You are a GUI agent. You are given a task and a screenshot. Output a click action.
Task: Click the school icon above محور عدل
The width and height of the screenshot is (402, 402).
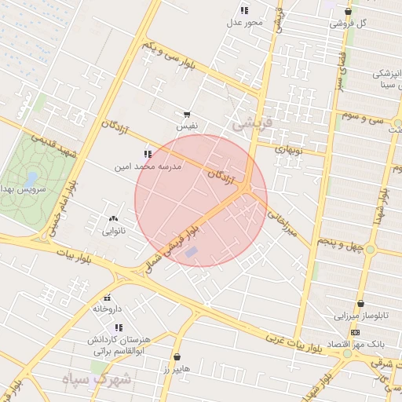click(244, 10)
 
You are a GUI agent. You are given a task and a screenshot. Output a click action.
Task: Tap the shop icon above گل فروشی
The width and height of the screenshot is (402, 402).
click(348, 11)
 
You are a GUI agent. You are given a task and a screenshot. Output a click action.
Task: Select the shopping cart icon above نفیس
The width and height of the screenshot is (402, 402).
click(187, 115)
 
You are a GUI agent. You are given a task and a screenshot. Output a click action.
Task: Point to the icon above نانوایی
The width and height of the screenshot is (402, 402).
click(114, 219)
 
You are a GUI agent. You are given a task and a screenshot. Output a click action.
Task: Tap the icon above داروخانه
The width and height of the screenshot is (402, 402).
click(108, 298)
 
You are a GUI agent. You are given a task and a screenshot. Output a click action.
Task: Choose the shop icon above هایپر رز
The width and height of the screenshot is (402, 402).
click(177, 356)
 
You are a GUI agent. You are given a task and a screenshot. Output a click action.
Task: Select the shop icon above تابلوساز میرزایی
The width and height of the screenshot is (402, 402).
click(360, 304)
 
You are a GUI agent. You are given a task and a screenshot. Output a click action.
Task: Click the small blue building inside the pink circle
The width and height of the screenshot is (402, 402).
click(192, 252)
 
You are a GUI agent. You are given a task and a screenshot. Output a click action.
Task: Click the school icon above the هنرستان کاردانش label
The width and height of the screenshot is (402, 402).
click(119, 327)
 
